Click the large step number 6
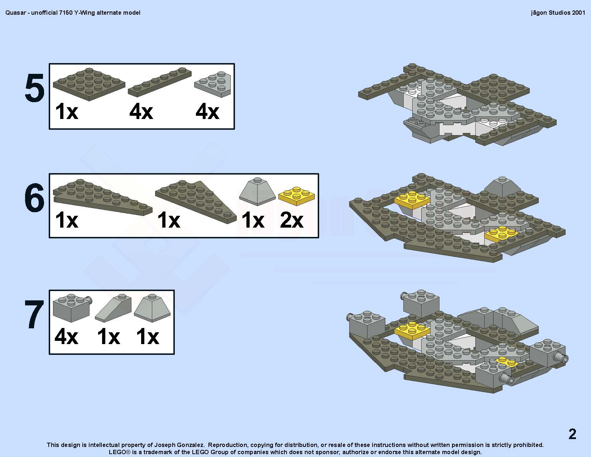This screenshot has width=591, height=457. pyautogui.click(x=34, y=197)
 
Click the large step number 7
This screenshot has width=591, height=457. pyautogui.click(x=34, y=314)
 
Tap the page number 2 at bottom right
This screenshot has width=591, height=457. pyautogui.click(x=572, y=434)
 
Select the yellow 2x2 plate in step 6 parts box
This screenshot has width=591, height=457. pyautogui.click(x=297, y=196)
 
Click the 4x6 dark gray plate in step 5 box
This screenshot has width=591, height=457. pyautogui.click(x=89, y=84)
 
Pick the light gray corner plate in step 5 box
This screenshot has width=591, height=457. pyautogui.click(x=212, y=84)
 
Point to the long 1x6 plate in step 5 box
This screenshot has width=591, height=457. pyautogui.click(x=160, y=82)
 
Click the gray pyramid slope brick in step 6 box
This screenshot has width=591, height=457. pyautogui.click(x=257, y=191)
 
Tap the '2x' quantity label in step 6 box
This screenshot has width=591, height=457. pyautogui.click(x=291, y=220)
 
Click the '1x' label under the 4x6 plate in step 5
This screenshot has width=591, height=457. pyautogui.click(x=66, y=111)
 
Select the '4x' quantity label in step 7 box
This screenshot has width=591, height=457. pyautogui.click(x=66, y=337)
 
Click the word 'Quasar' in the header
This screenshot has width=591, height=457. pyautogui.click(x=15, y=13)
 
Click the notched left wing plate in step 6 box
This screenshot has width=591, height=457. pyautogui.click(x=102, y=197)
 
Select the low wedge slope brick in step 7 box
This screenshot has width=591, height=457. pyautogui.click(x=113, y=308)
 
